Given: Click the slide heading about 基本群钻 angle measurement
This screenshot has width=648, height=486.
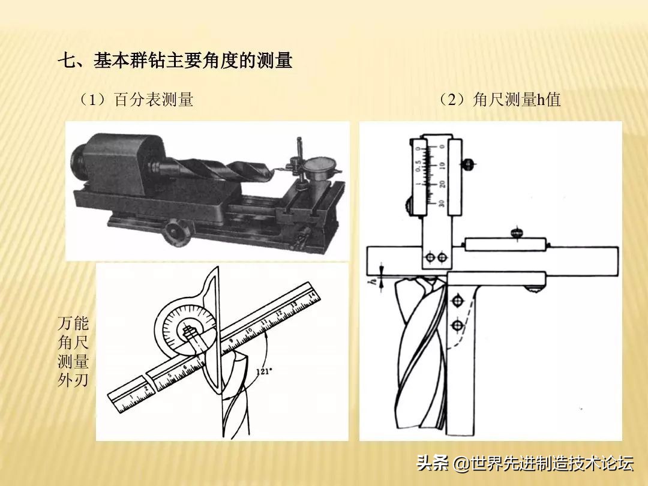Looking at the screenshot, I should click(175, 61).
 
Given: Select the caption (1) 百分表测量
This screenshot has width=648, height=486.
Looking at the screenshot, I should click(136, 100).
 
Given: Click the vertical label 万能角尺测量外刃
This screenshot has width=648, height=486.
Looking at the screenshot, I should click(73, 351).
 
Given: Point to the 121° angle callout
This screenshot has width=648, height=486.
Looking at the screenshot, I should click(262, 371).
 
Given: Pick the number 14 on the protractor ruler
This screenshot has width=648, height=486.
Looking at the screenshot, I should click(311, 295).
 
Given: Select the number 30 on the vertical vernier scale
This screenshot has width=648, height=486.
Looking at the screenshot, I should click(442, 203).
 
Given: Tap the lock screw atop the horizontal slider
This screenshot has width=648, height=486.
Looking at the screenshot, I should click(515, 232).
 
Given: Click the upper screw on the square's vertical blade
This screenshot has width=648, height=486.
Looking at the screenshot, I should click(458, 299).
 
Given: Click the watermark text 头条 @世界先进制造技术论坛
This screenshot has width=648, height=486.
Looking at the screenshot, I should click(525, 463).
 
